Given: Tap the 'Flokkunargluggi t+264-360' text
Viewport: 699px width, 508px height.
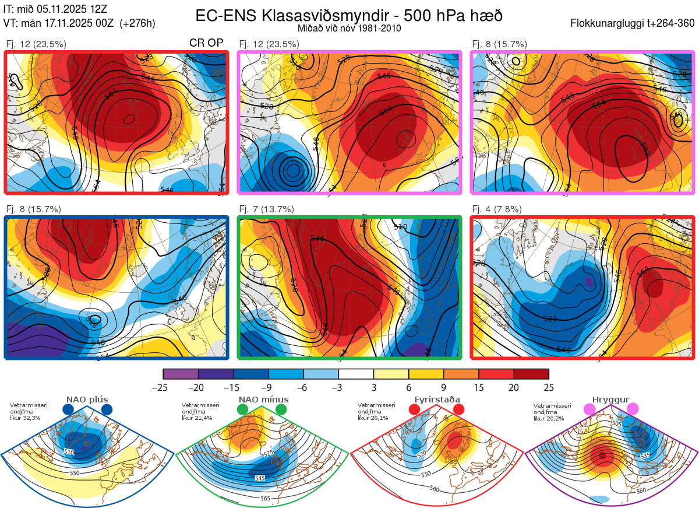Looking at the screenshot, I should click(x=633, y=23).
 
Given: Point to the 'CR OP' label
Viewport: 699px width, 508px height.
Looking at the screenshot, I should click(x=207, y=43).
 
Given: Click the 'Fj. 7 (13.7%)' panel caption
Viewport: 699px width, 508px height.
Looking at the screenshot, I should click(x=267, y=209).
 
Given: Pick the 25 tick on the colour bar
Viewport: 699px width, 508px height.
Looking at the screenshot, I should click(x=549, y=387).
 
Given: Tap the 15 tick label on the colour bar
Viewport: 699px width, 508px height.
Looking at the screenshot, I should click(x=479, y=387).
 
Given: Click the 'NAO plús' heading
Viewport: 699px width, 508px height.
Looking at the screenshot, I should click(x=87, y=400).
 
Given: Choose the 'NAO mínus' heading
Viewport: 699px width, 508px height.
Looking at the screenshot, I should click(x=263, y=400).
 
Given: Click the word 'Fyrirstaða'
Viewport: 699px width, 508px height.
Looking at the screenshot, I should click(x=436, y=400).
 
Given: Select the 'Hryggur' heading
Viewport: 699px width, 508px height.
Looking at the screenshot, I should click(x=610, y=400).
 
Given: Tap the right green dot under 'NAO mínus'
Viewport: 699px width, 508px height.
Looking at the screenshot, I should click(x=282, y=409).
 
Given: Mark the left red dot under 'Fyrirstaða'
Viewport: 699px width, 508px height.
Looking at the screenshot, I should click(x=415, y=409).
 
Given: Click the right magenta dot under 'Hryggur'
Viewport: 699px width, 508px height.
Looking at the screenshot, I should click(x=633, y=409).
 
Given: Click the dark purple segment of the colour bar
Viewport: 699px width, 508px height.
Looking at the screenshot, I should click(x=216, y=373).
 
